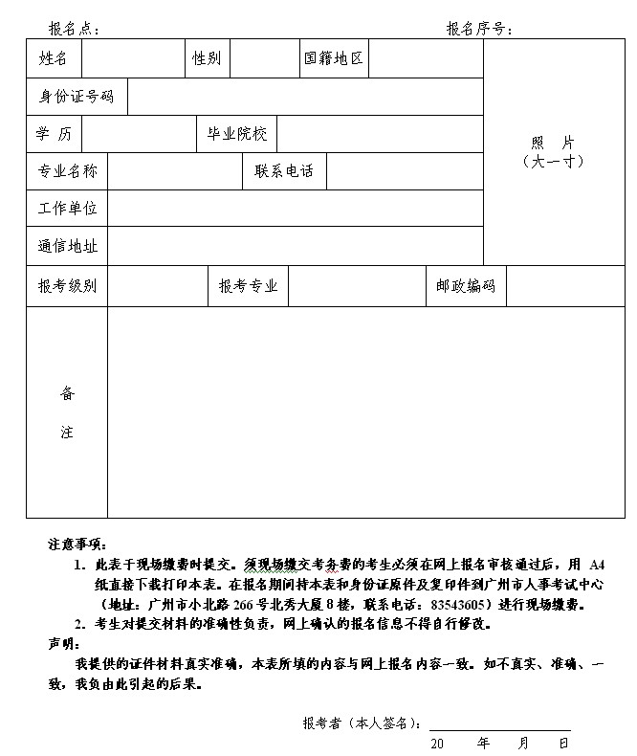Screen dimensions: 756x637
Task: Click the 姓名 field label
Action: [x=54, y=58]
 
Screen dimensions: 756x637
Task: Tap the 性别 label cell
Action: [x=207, y=58]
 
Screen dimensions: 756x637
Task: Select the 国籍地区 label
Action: [x=334, y=58]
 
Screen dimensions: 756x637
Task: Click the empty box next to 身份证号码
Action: [x=305, y=97]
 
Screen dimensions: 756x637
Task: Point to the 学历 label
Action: [x=54, y=134]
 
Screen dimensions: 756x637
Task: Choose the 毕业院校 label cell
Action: [x=236, y=134]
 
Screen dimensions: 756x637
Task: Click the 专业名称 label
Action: [x=67, y=171]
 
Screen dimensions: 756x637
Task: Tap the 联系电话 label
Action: [x=284, y=171]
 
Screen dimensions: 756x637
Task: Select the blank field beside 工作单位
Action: [x=296, y=208]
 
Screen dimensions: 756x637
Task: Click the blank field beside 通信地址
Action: [x=296, y=246]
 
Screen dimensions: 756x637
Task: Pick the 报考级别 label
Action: [x=67, y=286]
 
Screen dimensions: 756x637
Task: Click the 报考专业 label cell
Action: [x=248, y=286]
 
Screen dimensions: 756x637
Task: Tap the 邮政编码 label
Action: [x=466, y=286]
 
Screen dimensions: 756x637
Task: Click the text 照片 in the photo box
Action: [x=554, y=143]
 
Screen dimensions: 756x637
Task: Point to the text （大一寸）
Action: [x=554, y=162]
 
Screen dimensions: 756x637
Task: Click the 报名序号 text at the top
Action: [x=478, y=29]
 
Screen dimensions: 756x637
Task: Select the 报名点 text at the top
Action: [x=73, y=29]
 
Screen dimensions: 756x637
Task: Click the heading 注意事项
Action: [x=78, y=545]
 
